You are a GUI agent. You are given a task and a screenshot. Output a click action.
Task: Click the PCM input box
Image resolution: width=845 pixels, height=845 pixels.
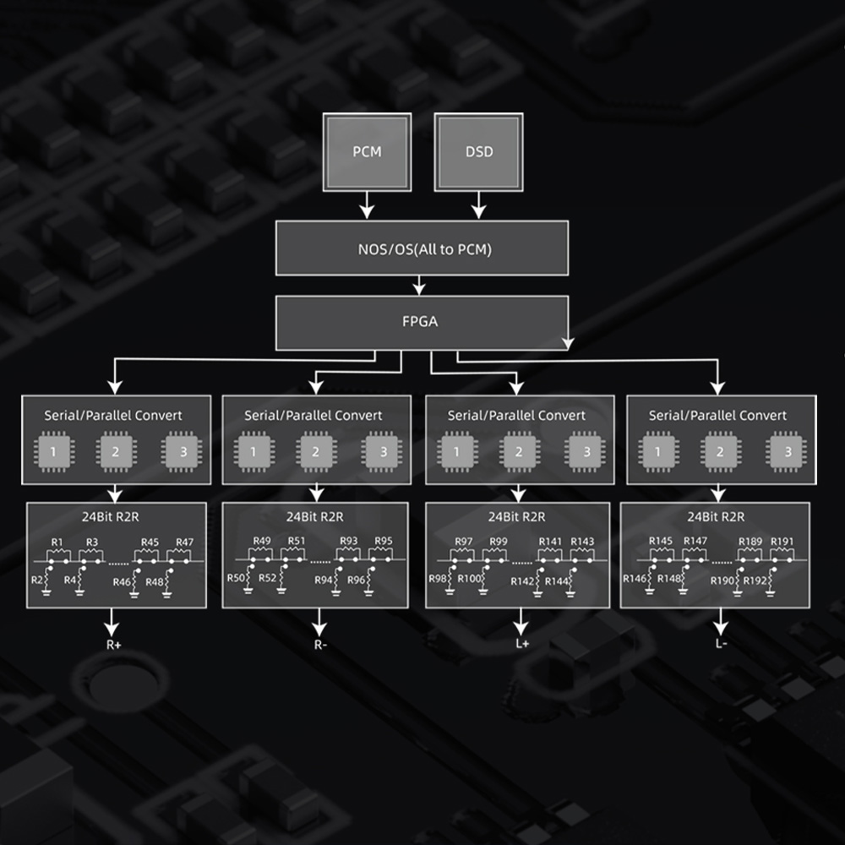pyautogui.click(x=367, y=152)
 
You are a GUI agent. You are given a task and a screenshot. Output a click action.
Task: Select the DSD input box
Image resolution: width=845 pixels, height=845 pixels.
pyautogui.click(x=478, y=152)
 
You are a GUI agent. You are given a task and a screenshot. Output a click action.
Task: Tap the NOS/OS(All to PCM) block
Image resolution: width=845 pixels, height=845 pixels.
pyautogui.click(x=422, y=248)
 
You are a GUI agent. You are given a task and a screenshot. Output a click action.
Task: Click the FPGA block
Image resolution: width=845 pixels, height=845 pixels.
pyautogui.click(x=422, y=322)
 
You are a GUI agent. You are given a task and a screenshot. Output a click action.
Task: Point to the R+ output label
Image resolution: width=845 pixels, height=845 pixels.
pyautogui.click(x=113, y=645)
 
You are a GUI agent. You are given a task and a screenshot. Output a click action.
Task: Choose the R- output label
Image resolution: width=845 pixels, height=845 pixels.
pyautogui.click(x=320, y=645)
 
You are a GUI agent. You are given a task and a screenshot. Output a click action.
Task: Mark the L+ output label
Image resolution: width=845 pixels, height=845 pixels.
pyautogui.click(x=522, y=643)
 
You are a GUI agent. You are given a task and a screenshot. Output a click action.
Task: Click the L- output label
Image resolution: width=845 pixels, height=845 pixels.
pyautogui.click(x=721, y=643)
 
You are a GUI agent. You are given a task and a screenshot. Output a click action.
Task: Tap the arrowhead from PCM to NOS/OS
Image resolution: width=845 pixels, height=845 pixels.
pyautogui.click(x=367, y=211)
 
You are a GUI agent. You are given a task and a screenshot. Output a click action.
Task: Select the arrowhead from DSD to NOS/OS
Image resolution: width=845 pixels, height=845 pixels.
pyautogui.click(x=478, y=211)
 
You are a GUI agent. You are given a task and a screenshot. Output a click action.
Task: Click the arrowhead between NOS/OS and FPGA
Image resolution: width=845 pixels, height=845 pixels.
pyautogui.click(x=419, y=288)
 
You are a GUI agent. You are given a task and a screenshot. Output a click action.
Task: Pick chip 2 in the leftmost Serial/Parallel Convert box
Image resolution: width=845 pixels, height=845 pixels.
pyautogui.click(x=115, y=451)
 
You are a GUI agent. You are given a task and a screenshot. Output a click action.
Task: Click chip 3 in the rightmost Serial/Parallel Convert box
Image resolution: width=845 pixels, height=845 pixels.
pyautogui.click(x=788, y=451)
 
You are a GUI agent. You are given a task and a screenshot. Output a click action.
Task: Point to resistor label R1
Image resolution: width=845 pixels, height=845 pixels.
pyautogui.click(x=57, y=542)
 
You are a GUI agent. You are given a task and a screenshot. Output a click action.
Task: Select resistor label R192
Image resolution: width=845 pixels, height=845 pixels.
pyautogui.click(x=755, y=581)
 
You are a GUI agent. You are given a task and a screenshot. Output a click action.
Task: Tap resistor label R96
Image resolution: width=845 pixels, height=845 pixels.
pyautogui.click(x=356, y=580)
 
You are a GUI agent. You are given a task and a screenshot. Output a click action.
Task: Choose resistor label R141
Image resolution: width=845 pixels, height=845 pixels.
pyautogui.click(x=550, y=541)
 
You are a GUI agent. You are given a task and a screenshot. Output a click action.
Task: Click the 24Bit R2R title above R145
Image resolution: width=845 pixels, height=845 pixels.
pyautogui.click(x=716, y=517)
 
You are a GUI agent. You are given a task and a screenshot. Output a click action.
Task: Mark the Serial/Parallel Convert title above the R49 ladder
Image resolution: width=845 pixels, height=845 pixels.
pyautogui.click(x=313, y=415)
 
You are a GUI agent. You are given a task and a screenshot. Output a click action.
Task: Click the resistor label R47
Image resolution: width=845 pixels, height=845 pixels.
pyautogui.click(x=184, y=542)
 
